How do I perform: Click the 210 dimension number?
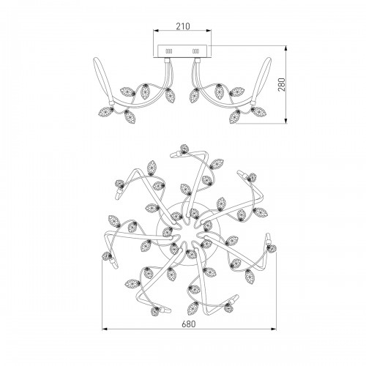(x=183, y=26)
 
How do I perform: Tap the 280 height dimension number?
(x=281, y=84)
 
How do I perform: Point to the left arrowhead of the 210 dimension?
(x=156, y=31)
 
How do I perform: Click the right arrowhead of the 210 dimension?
(x=209, y=31)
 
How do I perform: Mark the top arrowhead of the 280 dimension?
(x=286, y=48)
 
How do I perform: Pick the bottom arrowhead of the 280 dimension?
(x=286, y=121)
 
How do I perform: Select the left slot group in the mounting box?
(x=169, y=51)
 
